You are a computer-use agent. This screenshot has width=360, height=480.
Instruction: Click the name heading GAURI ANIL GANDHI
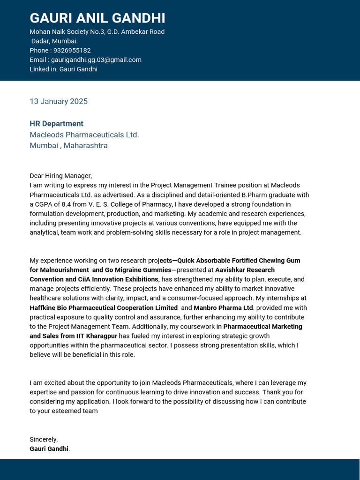point(97,18)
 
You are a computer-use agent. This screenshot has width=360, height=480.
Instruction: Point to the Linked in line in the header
point(63,69)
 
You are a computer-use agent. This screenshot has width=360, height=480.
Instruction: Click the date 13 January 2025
point(59,101)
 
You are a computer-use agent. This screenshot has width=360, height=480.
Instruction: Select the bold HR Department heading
point(56,124)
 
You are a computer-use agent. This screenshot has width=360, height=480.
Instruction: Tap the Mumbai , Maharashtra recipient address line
point(68,145)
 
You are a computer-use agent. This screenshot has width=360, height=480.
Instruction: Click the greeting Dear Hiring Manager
point(60,176)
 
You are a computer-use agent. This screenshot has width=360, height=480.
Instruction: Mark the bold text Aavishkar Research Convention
point(245,270)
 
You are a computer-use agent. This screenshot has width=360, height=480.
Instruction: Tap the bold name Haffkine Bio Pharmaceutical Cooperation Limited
point(104,308)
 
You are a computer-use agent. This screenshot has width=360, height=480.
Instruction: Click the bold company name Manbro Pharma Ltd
point(223,308)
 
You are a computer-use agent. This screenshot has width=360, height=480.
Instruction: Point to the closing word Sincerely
point(43,440)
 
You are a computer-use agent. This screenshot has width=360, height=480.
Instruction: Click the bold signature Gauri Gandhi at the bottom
point(49,449)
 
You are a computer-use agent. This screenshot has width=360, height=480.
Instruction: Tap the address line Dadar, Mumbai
point(54,41)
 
